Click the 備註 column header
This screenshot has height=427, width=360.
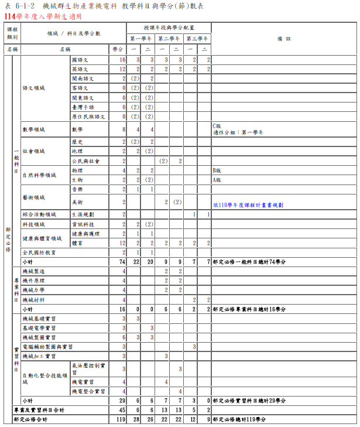(x=284, y=39)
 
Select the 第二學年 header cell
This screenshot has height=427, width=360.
(x=170, y=39)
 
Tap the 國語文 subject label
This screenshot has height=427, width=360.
(x=80, y=60)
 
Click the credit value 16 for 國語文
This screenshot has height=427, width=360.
(x=122, y=60)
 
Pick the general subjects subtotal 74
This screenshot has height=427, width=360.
(x=122, y=262)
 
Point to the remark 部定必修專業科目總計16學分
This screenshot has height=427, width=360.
(x=249, y=309)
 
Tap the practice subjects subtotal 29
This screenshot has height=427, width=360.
(x=122, y=401)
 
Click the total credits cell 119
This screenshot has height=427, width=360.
(x=121, y=419)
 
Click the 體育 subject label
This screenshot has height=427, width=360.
(x=77, y=243)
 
